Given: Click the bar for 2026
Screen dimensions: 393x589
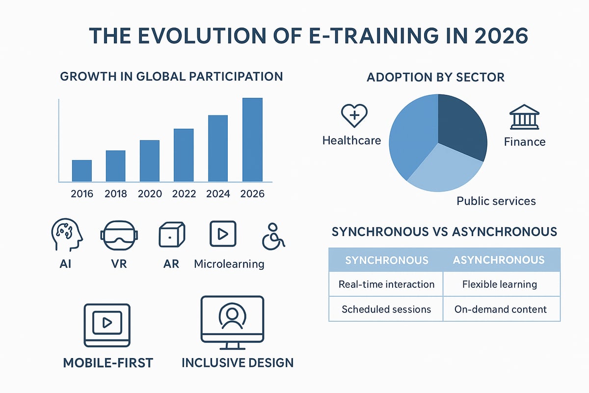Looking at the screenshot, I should [x=252, y=140].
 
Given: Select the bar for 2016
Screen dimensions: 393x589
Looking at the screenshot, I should [x=82, y=170].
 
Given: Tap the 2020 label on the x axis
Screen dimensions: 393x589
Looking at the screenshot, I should [x=150, y=194].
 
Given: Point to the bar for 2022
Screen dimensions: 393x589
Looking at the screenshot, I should [x=184, y=155].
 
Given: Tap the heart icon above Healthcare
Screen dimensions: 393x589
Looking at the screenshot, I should [x=354, y=116].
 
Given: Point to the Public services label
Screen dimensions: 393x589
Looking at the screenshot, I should [x=496, y=201].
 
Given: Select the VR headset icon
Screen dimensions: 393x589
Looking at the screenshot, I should [x=119, y=235].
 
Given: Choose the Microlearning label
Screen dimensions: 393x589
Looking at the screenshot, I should [x=229, y=264].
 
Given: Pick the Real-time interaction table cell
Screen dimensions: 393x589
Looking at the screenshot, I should [x=386, y=284].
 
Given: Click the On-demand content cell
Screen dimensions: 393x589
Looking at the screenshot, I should [x=501, y=309].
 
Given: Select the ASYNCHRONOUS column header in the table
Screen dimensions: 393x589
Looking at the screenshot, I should [x=501, y=259].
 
